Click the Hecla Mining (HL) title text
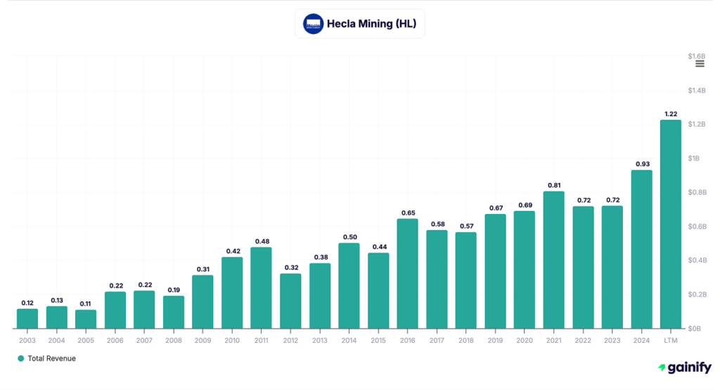point(371,24)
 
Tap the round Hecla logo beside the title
point(313,24)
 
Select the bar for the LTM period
point(670,224)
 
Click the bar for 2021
point(553,260)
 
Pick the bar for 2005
point(86,319)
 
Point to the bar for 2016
point(407,273)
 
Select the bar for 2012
point(290,301)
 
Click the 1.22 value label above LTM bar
point(670,113)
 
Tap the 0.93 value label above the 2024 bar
point(641,163)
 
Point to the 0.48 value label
point(261,241)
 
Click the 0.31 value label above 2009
point(202,269)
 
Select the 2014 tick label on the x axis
point(349,340)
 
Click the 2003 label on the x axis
point(27,340)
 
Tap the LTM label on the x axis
point(670,340)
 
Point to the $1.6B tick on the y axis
point(696,56)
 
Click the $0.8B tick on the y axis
point(696,192)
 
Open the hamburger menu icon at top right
point(700,64)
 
